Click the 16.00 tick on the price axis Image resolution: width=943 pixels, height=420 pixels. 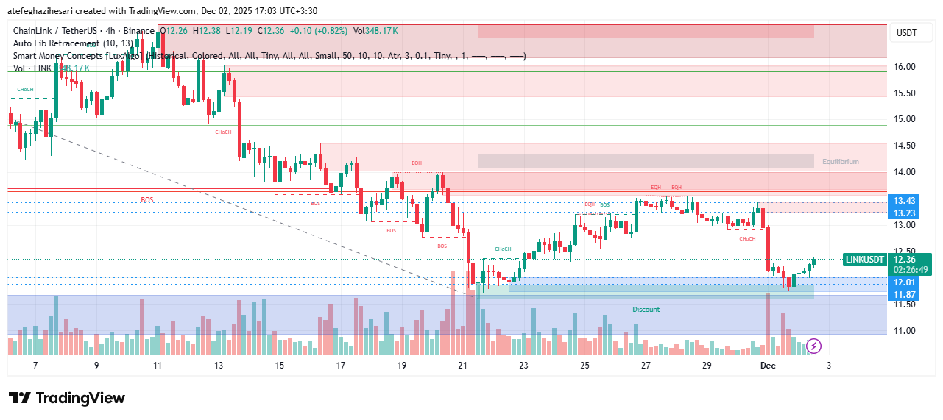tap(904, 67)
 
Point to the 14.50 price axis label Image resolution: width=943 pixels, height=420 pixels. tap(904, 146)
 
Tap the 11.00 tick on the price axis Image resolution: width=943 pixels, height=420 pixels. tap(904, 331)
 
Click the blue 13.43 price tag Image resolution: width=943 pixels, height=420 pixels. tap(904, 201)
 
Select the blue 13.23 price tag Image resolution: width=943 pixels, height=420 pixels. tap(904, 213)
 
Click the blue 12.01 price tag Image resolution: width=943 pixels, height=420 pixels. tap(904, 282)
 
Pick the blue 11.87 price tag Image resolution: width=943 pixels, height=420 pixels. tap(904, 295)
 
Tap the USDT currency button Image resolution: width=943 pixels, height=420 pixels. tap(907, 33)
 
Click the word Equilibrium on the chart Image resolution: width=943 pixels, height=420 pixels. tap(841, 162)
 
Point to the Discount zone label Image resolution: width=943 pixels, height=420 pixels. tap(646, 310)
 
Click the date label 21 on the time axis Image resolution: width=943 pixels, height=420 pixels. tap(462, 366)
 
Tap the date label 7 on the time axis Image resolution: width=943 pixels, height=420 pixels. tap(35, 366)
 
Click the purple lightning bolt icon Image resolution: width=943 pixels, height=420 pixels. tap(814, 345)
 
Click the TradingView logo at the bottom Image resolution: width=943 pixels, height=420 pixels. tap(67, 398)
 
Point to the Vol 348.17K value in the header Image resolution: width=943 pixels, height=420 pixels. tap(375, 31)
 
